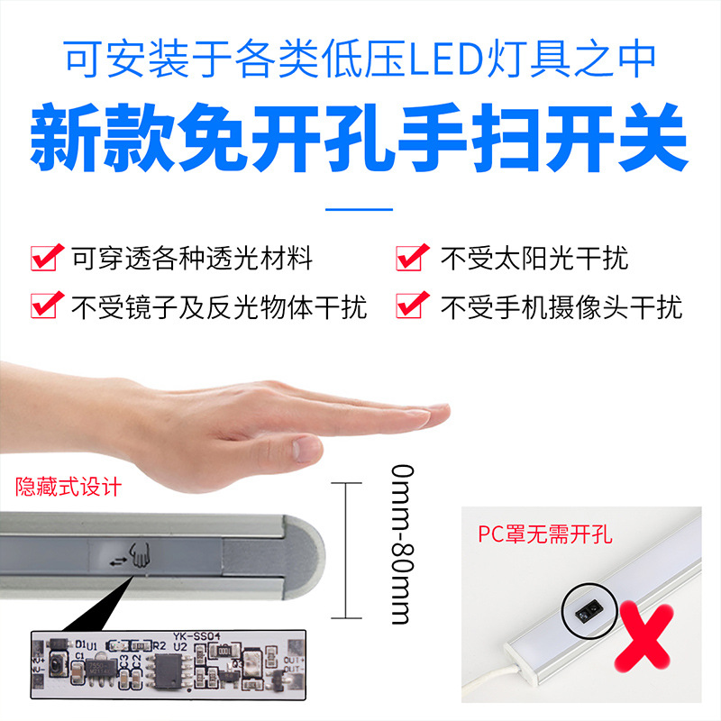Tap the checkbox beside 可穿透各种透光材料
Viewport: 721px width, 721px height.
click(x=46, y=258)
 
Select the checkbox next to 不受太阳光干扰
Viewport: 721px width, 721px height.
click(x=411, y=258)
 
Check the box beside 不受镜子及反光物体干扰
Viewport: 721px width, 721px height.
click(x=46, y=306)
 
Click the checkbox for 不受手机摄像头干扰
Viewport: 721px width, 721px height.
click(x=411, y=306)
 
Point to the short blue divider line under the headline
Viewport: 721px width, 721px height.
click(x=359, y=209)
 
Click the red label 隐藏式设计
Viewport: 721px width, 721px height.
click(x=68, y=488)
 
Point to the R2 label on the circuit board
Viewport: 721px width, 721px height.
click(x=159, y=644)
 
